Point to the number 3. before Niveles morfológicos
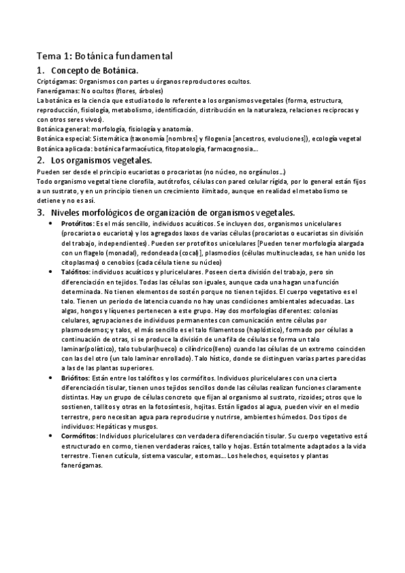click(41, 212)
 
